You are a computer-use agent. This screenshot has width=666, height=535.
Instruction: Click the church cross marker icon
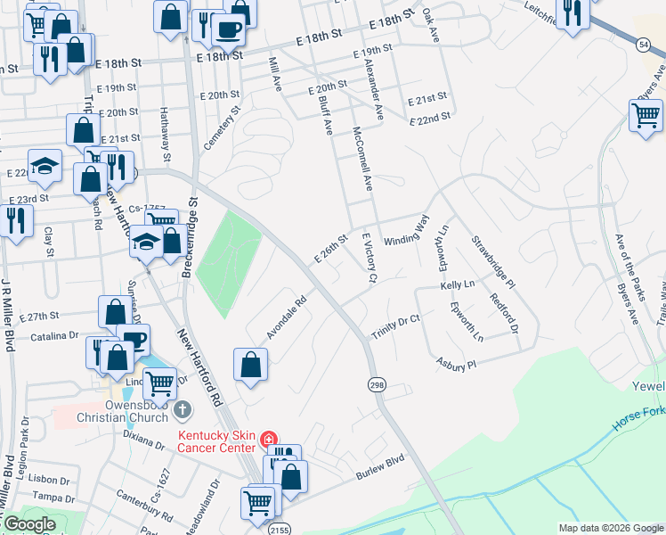click(x=182, y=410)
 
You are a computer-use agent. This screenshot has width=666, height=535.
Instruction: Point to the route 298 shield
click(x=377, y=383)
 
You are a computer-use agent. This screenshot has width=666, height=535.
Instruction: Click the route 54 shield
click(x=643, y=44)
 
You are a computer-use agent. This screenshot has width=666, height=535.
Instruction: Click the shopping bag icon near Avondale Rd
click(x=251, y=364)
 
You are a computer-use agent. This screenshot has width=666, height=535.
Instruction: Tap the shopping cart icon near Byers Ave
click(x=646, y=115)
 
